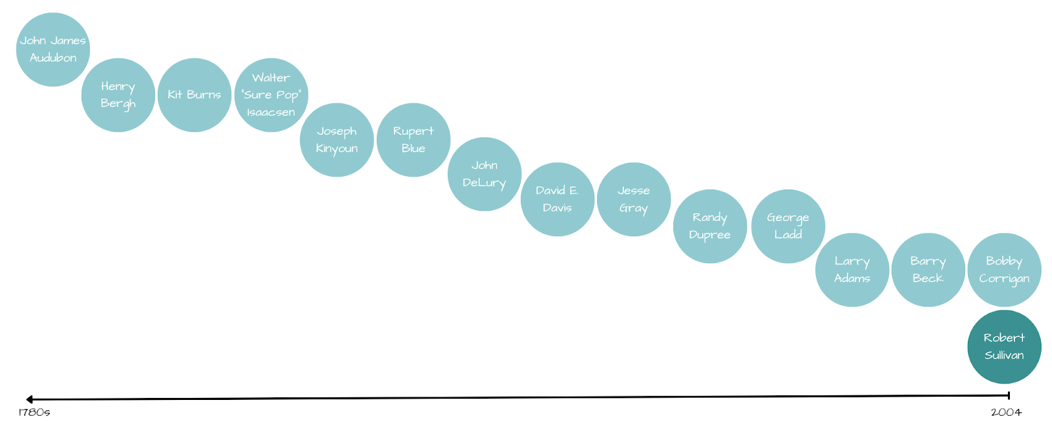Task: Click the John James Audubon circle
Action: [53, 49]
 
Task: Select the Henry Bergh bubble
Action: [118, 95]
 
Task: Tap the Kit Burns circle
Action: [195, 95]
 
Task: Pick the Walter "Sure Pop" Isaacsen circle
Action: [271, 95]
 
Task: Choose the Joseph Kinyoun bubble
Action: [337, 139]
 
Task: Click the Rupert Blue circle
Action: [414, 139]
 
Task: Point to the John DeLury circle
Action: [485, 174]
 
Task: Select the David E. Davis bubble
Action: [558, 199]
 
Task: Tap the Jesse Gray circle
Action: [634, 199]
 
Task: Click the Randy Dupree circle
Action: [710, 226]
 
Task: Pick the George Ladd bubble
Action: [788, 226]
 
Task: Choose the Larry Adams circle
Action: [852, 270]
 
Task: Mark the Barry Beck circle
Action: [928, 270]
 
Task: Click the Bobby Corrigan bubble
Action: [1004, 270]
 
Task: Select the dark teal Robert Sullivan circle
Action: [1004, 347]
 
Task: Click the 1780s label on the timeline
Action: [34, 412]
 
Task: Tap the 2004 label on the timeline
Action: [1007, 412]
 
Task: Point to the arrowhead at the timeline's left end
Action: [30, 399]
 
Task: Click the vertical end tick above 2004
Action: [1009, 395]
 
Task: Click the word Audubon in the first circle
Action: [53, 58]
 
